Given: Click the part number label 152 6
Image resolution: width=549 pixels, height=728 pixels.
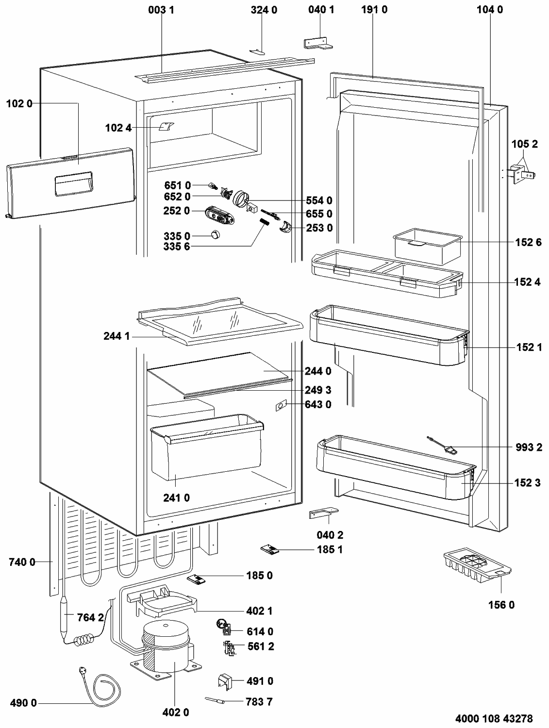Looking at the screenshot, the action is coord(528,243).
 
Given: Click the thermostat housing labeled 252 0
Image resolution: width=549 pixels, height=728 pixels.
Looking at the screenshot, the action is coord(219,215).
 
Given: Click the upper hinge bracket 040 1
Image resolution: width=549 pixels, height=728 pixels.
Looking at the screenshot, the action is coord(318,44).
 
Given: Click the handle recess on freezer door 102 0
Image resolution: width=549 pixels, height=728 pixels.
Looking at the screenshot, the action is coord(74,184).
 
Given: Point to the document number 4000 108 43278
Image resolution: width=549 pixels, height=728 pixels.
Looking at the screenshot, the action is coord(494,718).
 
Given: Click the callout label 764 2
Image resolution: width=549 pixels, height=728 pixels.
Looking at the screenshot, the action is coord(90,617).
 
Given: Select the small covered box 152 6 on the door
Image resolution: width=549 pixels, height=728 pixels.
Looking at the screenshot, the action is coord(428,246).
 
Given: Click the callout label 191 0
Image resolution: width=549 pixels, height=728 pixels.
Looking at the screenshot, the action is coord(374,9).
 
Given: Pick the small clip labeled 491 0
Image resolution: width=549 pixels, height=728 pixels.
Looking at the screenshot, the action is coord(225,681).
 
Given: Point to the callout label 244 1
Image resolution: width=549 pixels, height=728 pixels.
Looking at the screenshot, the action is coord(116,336).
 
